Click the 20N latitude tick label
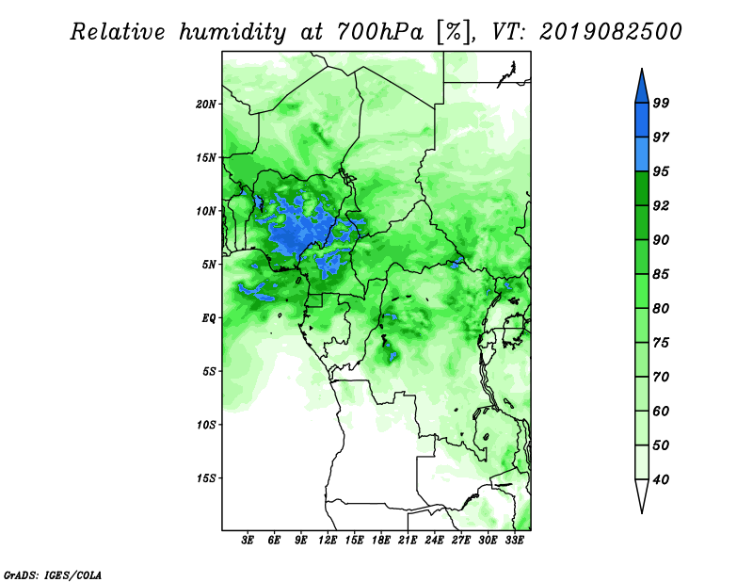point(206,105)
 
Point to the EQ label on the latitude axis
point(209,318)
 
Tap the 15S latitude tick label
point(206,478)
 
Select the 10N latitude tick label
point(206,211)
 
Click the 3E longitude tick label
point(248,541)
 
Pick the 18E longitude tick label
point(381,541)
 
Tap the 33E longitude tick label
point(514,541)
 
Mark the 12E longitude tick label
point(328,541)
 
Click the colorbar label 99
point(661,103)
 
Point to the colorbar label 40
point(661,479)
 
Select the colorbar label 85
point(661,274)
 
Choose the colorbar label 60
point(661,411)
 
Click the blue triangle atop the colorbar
point(642,89)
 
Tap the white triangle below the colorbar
point(642,493)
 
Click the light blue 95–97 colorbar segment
point(642,154)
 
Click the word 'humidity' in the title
point(232,32)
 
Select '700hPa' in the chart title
point(380,32)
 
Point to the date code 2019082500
point(610,32)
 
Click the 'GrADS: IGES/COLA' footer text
point(53,574)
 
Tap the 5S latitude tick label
point(209,371)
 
